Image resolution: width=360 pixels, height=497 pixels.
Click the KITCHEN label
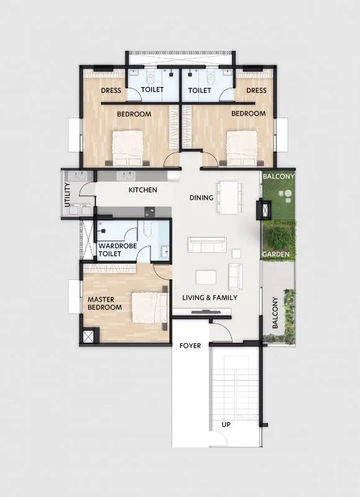click(x=142, y=190)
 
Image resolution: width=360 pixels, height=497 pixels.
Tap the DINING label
click(x=201, y=198)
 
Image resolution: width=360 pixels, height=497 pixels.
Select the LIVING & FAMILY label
click(x=210, y=298)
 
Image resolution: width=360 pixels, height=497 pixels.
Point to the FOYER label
click(x=190, y=345)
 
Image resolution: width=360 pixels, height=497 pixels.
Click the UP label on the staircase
click(x=227, y=425)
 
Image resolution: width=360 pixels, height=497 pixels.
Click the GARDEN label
click(x=274, y=254)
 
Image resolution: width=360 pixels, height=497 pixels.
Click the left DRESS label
click(x=111, y=91)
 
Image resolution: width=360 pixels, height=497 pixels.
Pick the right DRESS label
click(x=256, y=91)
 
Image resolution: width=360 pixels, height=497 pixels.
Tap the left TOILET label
click(x=152, y=90)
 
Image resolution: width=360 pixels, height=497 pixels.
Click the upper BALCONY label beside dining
click(x=278, y=177)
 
